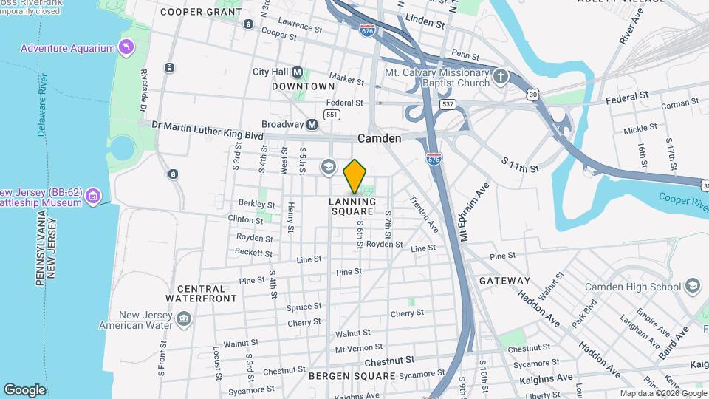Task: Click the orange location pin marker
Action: click(x=355, y=176)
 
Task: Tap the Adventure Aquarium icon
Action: click(x=128, y=48)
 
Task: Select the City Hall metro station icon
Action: click(x=298, y=72)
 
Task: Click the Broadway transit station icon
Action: click(x=312, y=124)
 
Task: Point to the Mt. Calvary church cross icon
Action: click(x=501, y=77)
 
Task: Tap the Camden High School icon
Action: click(x=692, y=286)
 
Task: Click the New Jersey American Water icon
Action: click(x=184, y=319)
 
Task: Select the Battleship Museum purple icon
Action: click(x=92, y=197)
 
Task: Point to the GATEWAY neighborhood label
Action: click(x=504, y=281)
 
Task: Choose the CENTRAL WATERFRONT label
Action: click(x=201, y=293)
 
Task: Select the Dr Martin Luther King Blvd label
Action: click(x=208, y=125)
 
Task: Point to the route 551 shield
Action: click(x=332, y=115)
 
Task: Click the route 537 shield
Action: click(x=447, y=104)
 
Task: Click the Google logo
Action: click(x=24, y=389)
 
